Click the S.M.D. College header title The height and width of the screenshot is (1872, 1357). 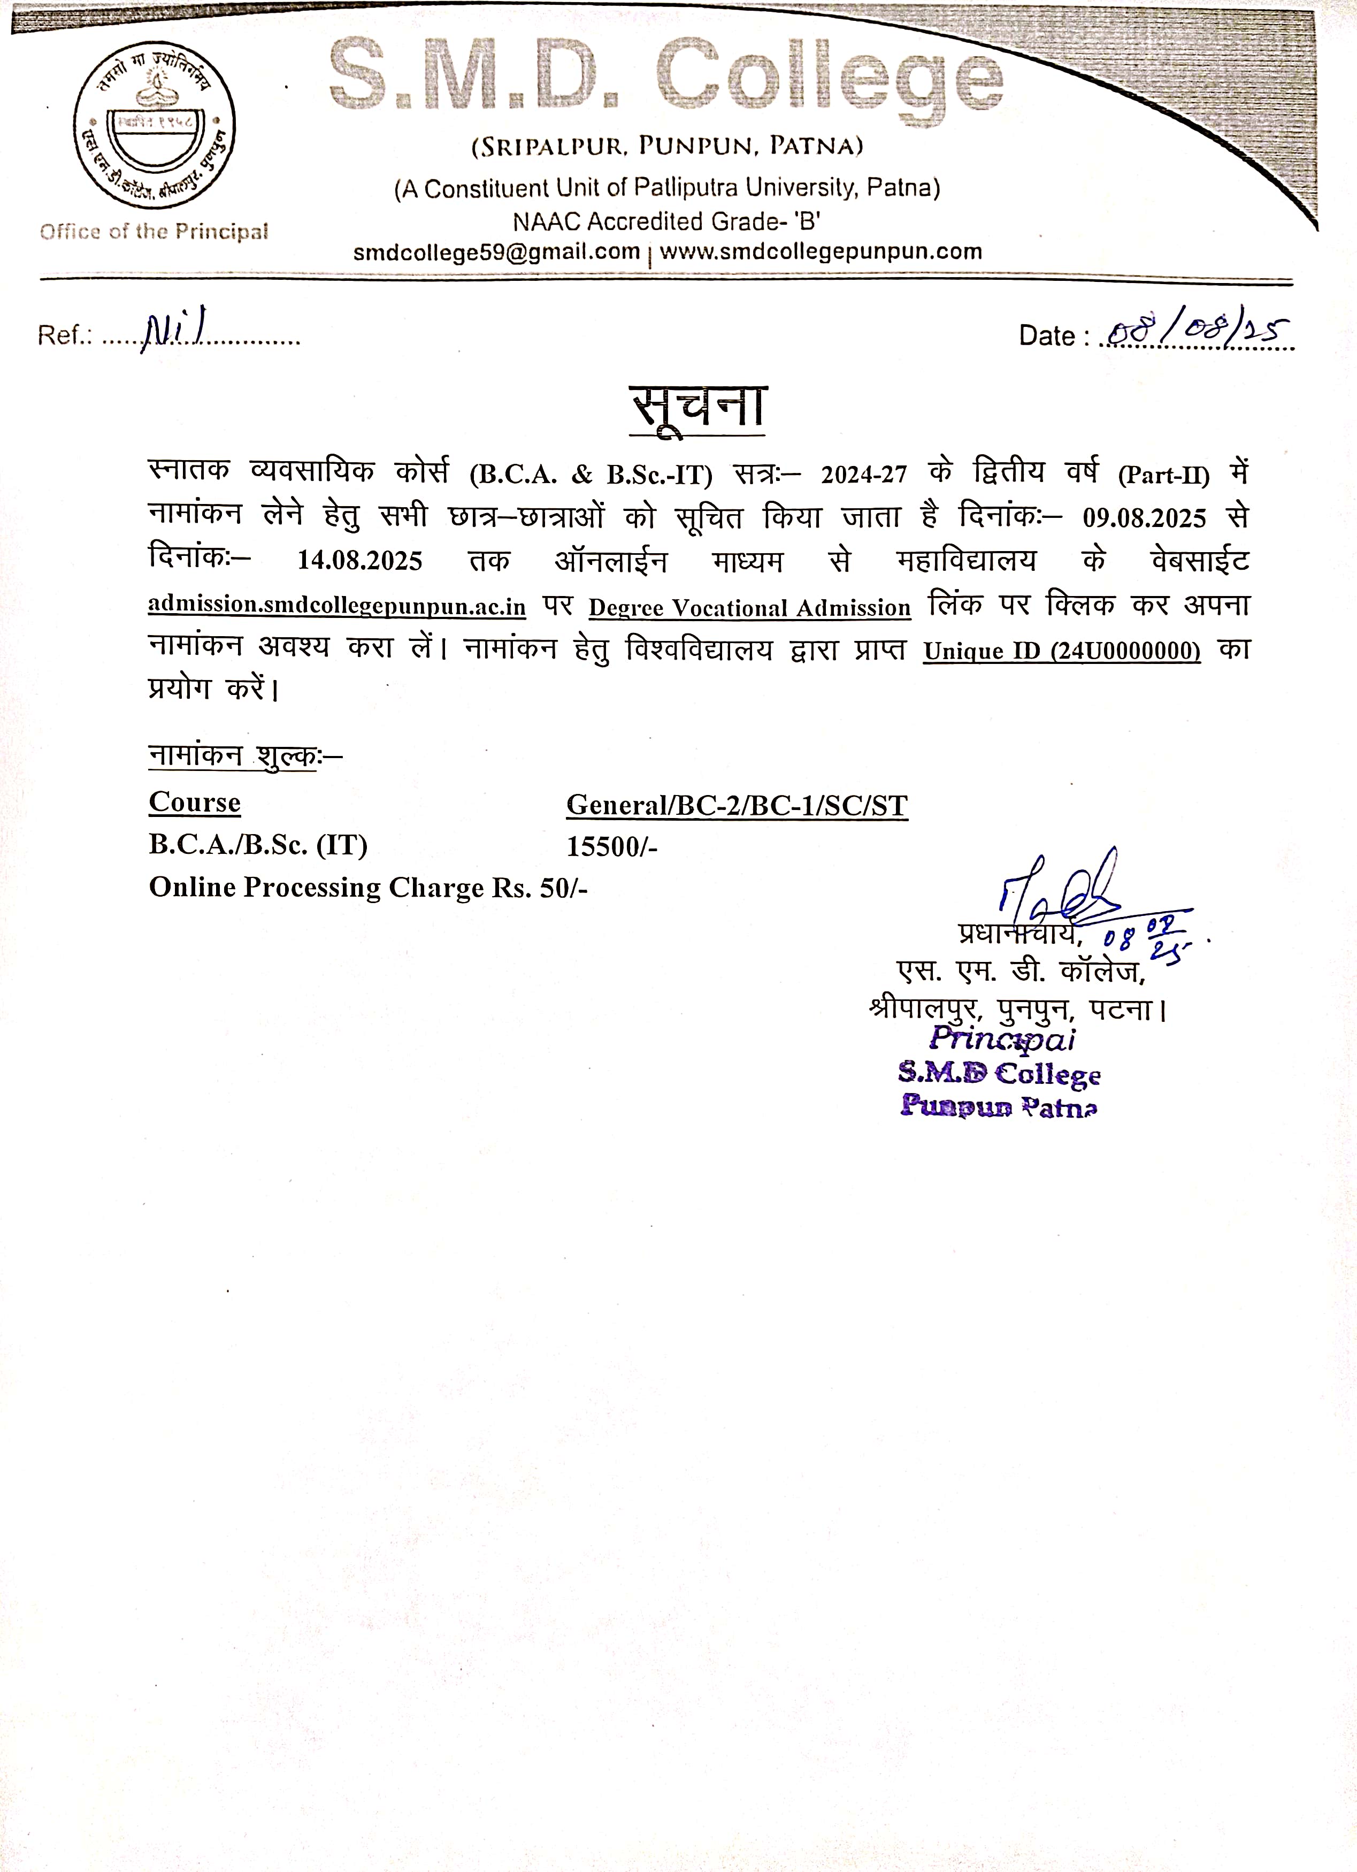(x=665, y=76)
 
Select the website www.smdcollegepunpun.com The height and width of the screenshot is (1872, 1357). (x=821, y=252)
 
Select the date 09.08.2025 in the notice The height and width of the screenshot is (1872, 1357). (x=1144, y=518)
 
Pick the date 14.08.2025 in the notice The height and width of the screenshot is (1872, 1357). (x=360, y=561)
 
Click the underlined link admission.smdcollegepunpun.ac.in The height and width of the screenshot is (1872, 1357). (x=337, y=605)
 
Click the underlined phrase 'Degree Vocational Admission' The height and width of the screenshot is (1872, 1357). (x=749, y=608)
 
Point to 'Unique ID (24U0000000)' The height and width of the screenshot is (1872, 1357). (x=1062, y=651)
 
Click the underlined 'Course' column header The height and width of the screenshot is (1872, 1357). (x=195, y=803)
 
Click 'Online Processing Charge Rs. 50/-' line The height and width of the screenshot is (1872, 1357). (x=368, y=887)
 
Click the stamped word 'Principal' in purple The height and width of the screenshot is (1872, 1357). (x=1002, y=1038)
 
